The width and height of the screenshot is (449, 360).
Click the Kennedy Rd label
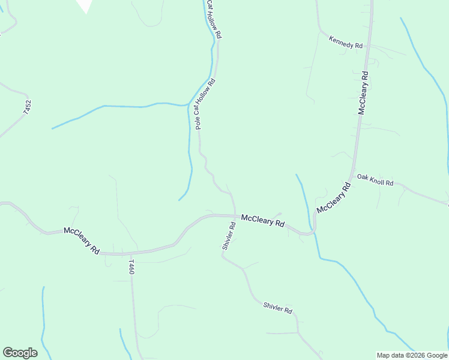(346, 41)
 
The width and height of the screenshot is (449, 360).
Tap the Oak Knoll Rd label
(375, 180)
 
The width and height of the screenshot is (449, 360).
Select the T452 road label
(27, 107)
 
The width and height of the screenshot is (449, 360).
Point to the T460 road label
(131, 267)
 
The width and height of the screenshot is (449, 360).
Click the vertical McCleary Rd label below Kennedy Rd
(363, 92)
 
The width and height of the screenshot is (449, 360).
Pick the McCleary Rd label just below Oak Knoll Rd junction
(333, 198)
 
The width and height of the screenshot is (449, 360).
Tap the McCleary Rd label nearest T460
(82, 240)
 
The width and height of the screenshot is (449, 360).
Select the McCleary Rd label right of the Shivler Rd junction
(263, 220)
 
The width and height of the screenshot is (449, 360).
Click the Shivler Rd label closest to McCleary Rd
(228, 235)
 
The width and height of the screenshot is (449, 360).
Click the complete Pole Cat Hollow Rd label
(205, 104)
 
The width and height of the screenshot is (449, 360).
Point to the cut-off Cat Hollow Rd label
(214, 20)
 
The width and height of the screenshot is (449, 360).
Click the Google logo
(20, 352)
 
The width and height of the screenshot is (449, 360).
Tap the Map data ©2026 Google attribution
(412, 355)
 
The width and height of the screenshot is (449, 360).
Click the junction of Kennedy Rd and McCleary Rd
(367, 47)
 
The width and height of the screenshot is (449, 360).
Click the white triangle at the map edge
(86, 5)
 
